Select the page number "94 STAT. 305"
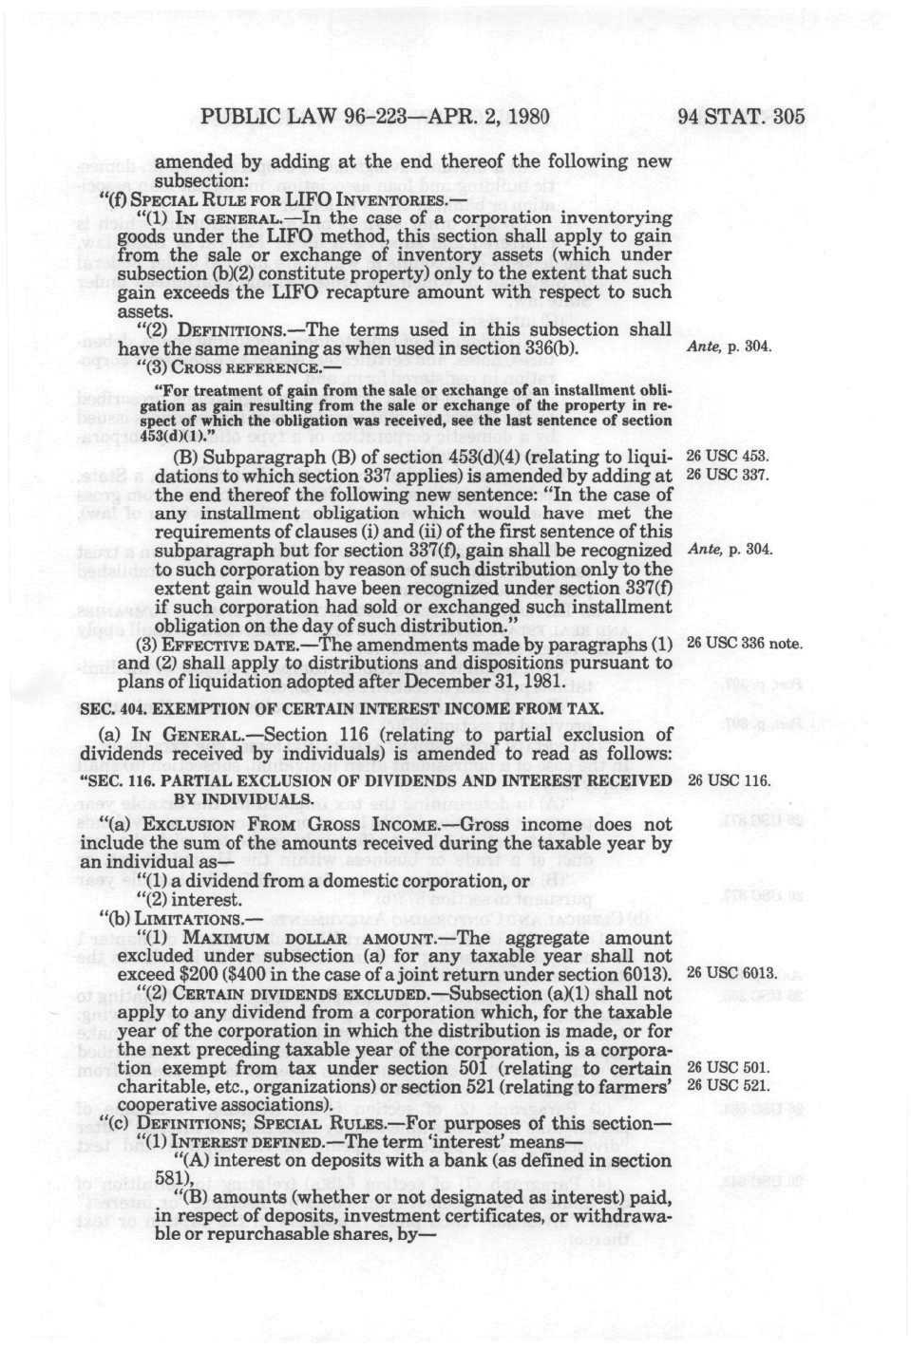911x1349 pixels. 741,117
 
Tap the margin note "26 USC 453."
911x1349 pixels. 728,457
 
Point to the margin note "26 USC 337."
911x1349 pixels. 728,475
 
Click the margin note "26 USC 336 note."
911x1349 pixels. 745,644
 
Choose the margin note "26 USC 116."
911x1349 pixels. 728,781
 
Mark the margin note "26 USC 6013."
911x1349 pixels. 731,974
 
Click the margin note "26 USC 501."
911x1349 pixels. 728,1068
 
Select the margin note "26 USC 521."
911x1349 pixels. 728,1086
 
